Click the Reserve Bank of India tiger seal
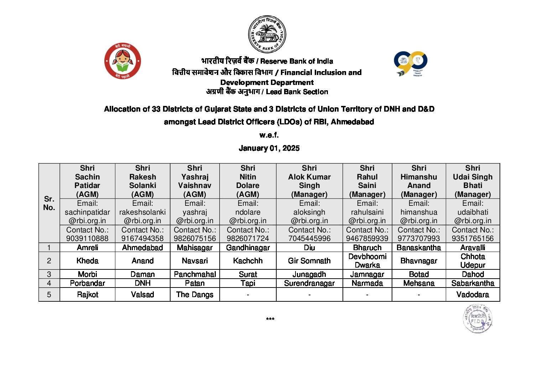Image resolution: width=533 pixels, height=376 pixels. coord(267,34)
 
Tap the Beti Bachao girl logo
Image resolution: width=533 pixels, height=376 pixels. coord(122,61)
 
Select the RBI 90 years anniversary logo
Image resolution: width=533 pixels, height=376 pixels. coord(411,63)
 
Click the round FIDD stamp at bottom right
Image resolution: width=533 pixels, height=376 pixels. coord(477,318)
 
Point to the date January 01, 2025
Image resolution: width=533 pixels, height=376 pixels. coord(269,148)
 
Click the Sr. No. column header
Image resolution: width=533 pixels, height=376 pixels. coord(49,203)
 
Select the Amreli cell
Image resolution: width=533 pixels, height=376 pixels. coord(87,248)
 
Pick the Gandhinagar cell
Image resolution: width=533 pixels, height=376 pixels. coord(248,248)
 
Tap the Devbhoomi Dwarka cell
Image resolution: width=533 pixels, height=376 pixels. coord(367,260)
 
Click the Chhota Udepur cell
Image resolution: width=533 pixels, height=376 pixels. coord(472,260)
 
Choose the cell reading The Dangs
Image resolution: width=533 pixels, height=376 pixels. coord(195,295)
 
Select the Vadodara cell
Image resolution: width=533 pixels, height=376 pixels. coord(472,295)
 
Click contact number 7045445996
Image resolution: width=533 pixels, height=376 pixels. coord(309,238)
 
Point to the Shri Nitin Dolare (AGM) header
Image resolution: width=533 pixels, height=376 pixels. coord(248,181)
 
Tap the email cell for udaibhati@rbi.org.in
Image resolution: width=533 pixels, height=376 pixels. coord(472,212)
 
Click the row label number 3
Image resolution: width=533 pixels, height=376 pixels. coord(49,274)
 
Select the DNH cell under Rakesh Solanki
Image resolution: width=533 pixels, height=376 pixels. coord(142,283)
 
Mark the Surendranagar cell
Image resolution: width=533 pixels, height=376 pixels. coord(309,283)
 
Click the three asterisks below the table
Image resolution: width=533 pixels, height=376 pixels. coord(270,319)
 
